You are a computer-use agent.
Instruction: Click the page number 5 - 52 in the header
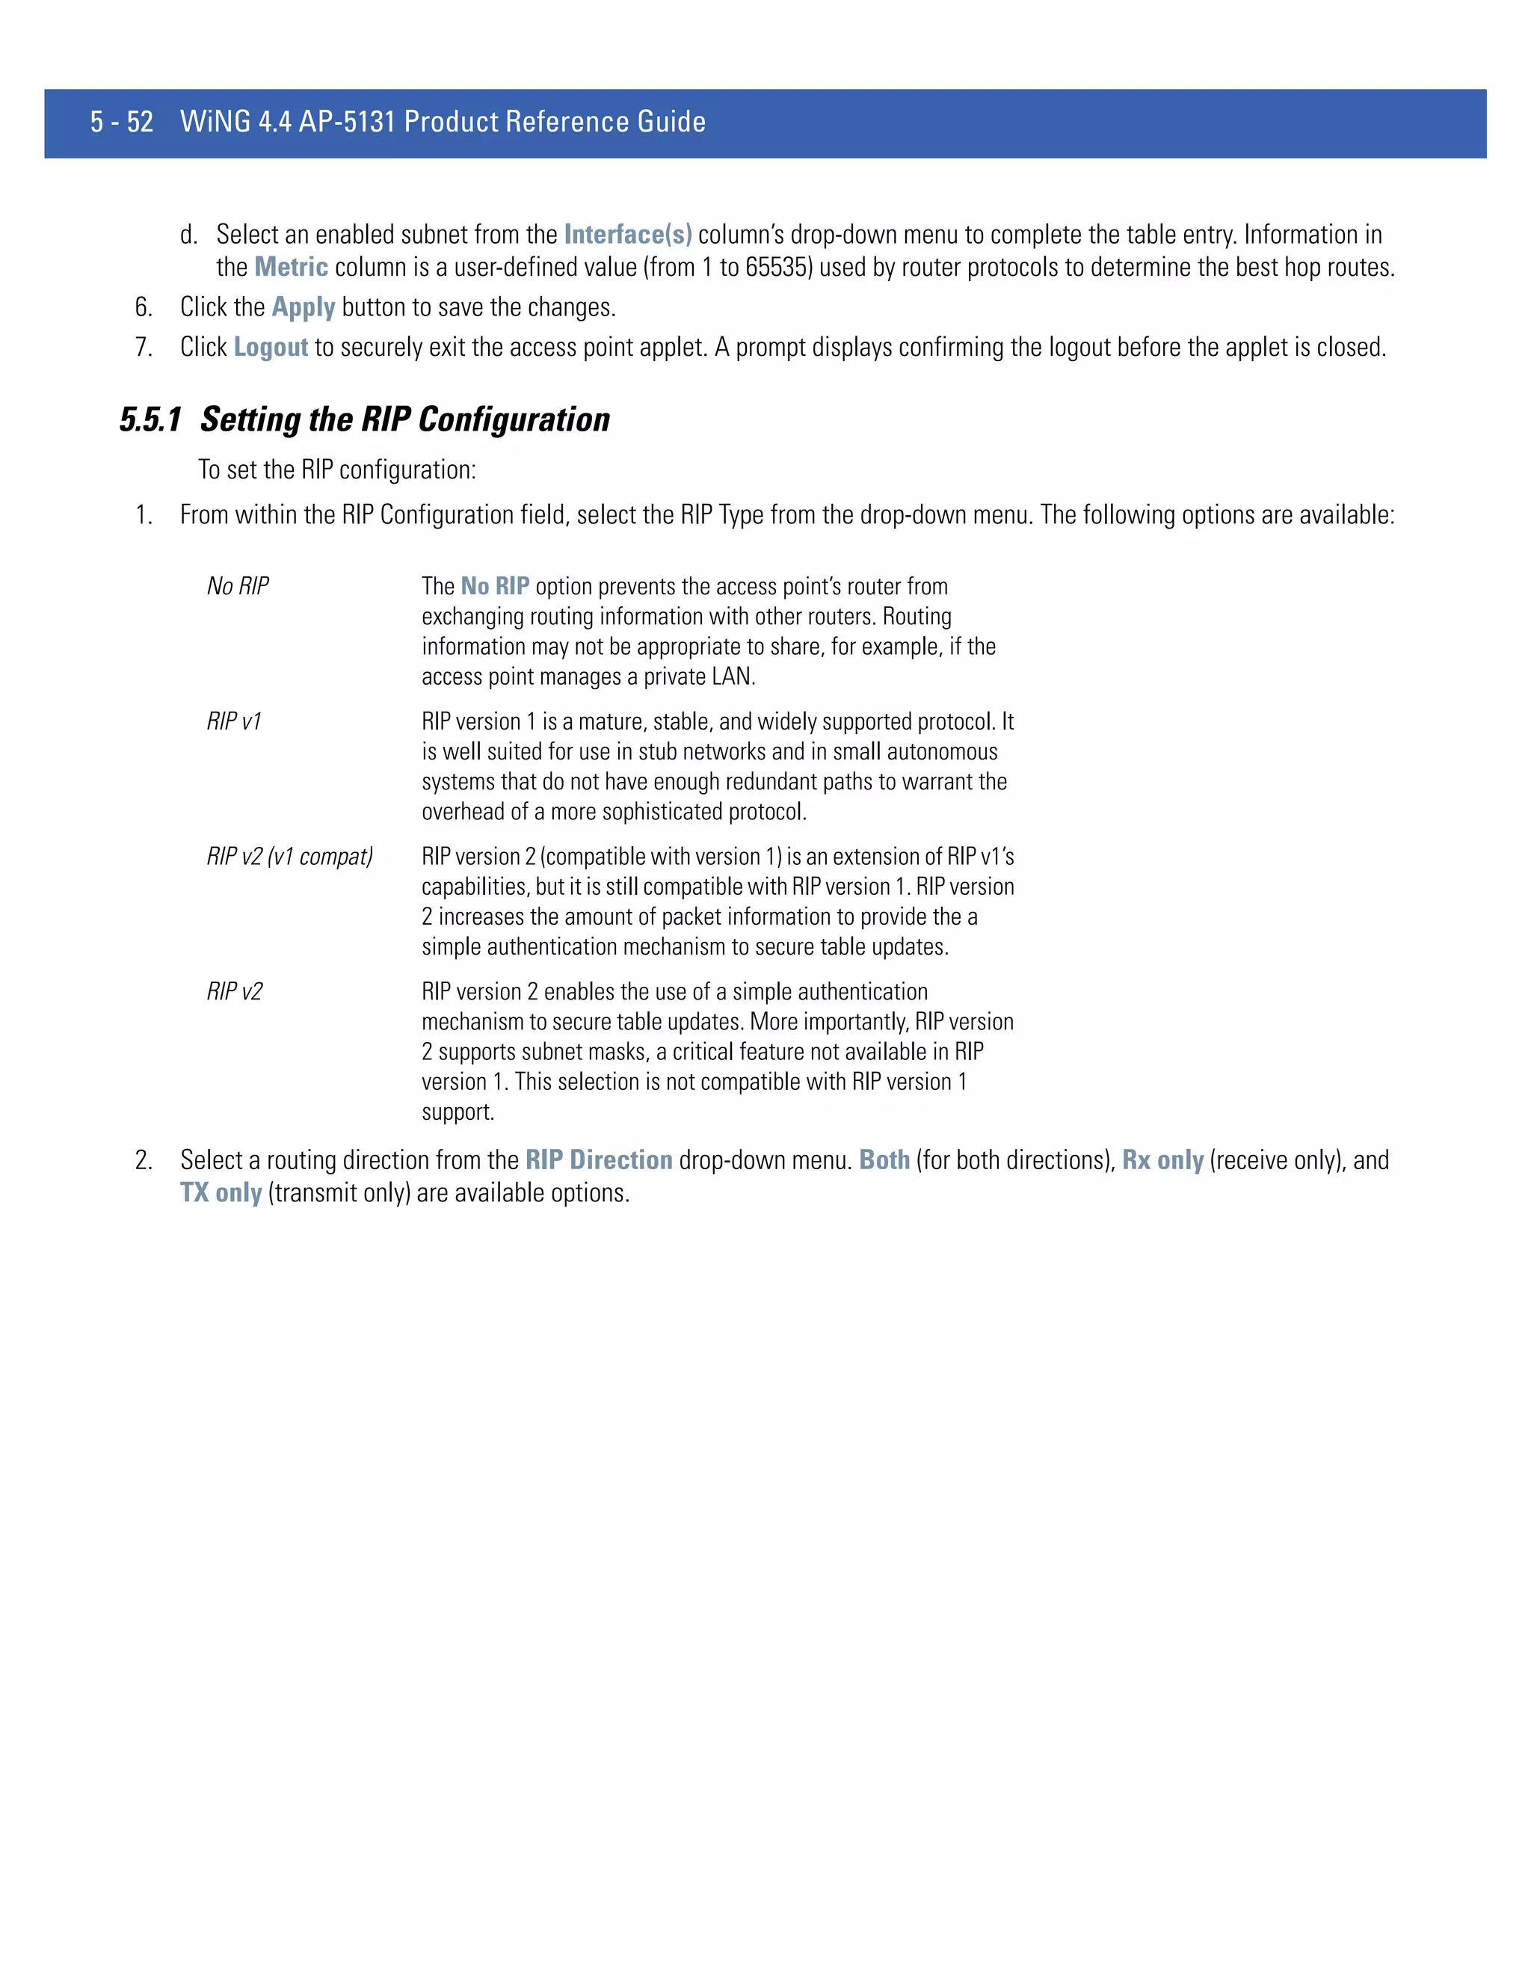point(122,122)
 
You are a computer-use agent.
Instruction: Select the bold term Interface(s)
point(628,235)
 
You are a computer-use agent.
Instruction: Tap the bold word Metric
point(291,268)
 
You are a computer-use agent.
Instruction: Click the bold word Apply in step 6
point(303,307)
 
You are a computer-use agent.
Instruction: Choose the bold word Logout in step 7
point(271,348)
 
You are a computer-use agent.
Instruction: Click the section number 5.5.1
point(150,420)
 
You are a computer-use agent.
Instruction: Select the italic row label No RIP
point(238,586)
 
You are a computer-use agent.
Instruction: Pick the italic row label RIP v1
point(234,721)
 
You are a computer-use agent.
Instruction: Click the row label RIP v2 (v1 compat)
point(289,856)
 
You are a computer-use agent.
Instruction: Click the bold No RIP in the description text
point(494,586)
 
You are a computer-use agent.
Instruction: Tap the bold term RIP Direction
point(599,1160)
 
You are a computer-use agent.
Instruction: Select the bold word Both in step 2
point(884,1160)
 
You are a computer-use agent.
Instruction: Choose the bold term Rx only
point(1162,1160)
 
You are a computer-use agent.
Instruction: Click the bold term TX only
point(221,1193)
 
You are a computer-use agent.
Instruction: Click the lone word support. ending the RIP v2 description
point(458,1112)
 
